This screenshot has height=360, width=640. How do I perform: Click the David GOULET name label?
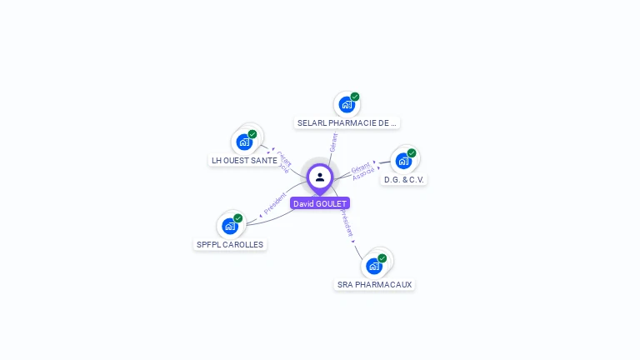click(320, 203)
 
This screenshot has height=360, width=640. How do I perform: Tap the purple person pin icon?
click(320, 177)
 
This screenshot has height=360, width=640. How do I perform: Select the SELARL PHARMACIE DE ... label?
click(347, 123)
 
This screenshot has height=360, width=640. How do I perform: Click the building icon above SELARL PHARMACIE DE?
click(346, 105)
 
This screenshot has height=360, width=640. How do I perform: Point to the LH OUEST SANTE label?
click(244, 160)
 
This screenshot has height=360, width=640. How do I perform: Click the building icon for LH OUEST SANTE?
click(244, 142)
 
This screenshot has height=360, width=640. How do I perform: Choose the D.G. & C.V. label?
click(405, 179)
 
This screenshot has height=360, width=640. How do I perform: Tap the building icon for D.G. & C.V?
click(403, 161)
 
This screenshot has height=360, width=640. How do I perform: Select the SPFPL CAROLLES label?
click(229, 244)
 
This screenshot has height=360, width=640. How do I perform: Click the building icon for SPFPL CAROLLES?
click(229, 226)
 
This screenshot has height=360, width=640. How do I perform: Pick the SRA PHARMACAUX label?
click(374, 284)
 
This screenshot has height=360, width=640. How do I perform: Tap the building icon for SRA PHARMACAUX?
click(374, 266)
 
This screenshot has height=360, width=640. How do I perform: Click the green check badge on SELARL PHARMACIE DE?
click(355, 97)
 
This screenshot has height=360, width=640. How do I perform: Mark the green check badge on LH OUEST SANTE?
click(252, 133)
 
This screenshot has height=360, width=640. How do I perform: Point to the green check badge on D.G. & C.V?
click(412, 152)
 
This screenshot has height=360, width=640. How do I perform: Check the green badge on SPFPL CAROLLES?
click(238, 217)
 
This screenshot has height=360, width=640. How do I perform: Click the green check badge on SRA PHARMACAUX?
click(382, 257)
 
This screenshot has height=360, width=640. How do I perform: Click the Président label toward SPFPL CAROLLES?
click(275, 203)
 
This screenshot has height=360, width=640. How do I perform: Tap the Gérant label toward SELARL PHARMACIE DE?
click(333, 142)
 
